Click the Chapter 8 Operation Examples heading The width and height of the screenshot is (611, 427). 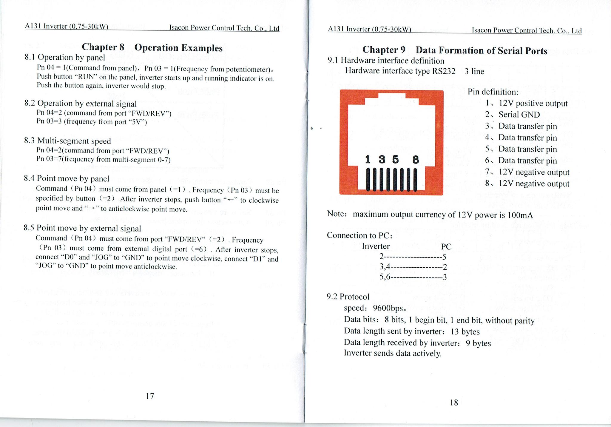coord(152,47)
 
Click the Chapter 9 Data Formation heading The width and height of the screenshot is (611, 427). coord(455,50)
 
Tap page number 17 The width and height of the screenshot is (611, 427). coord(150,396)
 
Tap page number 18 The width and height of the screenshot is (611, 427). coord(453,403)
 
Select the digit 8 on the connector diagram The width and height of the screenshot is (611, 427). coord(415,160)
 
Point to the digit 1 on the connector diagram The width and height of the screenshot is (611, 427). coord(368,160)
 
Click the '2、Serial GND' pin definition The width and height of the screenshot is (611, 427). coord(513,115)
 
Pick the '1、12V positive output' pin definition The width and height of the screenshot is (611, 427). coord(526,103)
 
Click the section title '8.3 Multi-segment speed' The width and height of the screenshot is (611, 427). coord(67,141)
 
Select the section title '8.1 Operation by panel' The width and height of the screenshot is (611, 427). coord(65,57)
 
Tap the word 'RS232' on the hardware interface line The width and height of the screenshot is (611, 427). coord(444,71)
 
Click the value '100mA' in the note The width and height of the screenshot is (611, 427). coord(520,215)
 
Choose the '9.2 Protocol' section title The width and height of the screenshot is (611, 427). coord(348,297)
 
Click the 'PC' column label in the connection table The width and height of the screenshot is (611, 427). coord(446,247)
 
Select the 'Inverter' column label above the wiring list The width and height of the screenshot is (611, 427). coord(376,246)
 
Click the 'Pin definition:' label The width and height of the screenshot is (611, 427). coord(493,92)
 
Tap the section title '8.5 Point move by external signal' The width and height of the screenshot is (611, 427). coord(82,228)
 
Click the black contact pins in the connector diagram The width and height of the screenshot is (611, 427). coord(391,180)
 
